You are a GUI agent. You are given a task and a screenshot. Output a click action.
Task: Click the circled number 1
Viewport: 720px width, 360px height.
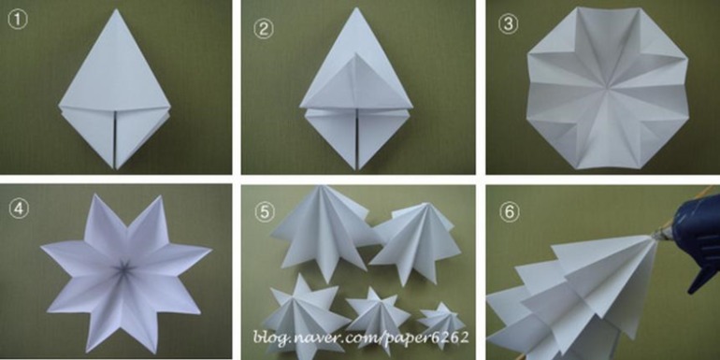coord(19,21)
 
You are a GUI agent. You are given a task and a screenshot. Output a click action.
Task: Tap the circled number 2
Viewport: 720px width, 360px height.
coord(263,29)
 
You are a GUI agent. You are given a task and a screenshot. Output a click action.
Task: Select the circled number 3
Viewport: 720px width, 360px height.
coord(509,24)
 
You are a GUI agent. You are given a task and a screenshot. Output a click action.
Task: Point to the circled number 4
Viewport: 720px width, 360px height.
coord(19,209)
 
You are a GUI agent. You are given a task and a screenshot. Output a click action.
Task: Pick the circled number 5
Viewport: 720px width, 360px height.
coord(265,213)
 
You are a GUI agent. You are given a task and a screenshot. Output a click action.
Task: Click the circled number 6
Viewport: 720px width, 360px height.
coord(509,213)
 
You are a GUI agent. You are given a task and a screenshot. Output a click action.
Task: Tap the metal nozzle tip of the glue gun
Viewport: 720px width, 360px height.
coord(658,236)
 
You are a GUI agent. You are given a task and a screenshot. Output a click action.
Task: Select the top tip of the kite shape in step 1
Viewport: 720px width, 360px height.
coord(117,8)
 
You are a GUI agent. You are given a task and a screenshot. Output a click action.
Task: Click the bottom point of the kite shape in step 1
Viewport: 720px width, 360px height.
coord(115,168)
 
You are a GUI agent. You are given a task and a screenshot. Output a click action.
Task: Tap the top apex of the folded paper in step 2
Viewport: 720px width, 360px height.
coord(357,8)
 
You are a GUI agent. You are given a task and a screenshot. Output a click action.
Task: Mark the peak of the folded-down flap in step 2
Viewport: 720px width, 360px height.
coord(356,53)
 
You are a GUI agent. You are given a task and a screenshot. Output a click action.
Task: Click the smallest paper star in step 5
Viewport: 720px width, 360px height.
coord(440,324)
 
